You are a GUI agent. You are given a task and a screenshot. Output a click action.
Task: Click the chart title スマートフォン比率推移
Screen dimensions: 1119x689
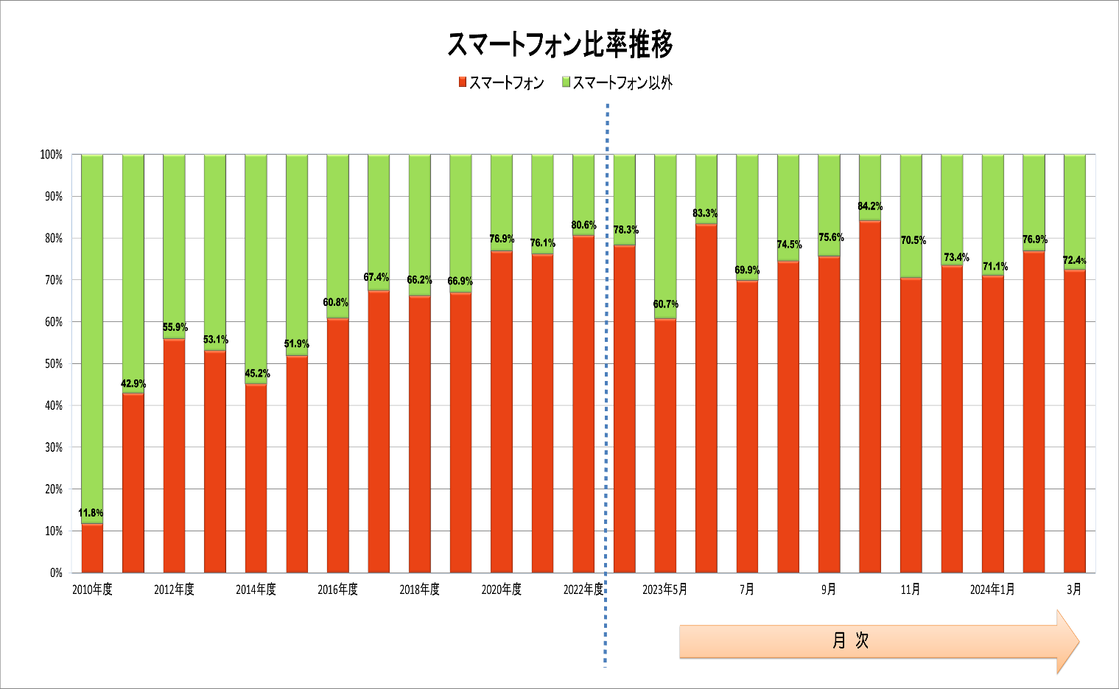560,44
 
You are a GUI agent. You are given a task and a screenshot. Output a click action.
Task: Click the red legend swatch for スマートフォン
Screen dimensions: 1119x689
463,82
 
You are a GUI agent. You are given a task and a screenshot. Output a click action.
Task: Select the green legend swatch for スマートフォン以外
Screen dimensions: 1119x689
566,82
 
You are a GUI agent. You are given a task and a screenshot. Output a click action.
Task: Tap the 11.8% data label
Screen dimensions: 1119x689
91,513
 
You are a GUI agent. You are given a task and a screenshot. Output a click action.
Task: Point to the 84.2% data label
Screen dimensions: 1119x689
870,206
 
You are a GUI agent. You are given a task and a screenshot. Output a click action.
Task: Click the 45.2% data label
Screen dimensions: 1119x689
257,373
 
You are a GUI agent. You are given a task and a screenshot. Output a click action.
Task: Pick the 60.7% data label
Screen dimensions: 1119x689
666,304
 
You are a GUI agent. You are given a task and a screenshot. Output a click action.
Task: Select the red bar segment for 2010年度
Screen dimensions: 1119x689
92,548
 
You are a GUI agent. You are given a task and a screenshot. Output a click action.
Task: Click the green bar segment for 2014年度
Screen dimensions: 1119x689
256,269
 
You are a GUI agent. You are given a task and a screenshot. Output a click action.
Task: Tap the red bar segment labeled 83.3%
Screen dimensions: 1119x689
706,399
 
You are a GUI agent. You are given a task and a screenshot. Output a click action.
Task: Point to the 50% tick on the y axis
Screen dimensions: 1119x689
54,364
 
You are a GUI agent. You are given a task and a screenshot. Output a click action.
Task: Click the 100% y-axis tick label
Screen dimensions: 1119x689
52,155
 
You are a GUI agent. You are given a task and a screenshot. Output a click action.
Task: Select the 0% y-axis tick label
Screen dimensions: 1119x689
57,573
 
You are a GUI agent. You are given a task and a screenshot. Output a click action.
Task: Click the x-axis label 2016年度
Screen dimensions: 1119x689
337,590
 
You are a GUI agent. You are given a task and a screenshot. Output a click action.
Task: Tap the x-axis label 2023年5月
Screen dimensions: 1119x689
665,590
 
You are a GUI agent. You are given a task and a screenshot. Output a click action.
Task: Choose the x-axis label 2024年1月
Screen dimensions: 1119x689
992,590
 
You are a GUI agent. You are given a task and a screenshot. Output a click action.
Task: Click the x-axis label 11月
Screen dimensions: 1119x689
911,590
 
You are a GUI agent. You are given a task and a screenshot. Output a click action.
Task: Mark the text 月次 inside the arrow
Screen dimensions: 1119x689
851,640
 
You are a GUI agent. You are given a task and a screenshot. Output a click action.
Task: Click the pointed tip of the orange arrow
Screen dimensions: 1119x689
1079,642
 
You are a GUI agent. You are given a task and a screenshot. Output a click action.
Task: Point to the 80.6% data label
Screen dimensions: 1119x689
584,225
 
